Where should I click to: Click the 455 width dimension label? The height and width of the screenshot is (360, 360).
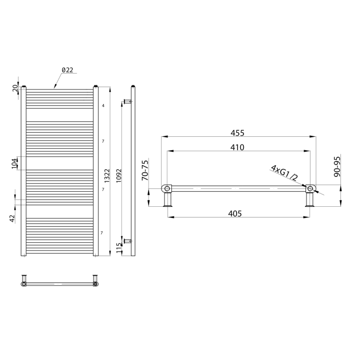point(238,133)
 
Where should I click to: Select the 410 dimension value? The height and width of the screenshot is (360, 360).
point(237,148)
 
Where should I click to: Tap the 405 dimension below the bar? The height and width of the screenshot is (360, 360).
point(235,214)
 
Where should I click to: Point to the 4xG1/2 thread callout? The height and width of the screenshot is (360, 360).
point(284,173)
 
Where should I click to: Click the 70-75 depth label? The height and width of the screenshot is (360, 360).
point(146,170)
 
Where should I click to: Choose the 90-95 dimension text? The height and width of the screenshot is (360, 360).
point(337,167)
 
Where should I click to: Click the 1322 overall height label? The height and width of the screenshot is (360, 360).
point(107,176)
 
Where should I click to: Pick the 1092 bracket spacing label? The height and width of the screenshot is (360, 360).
point(119,176)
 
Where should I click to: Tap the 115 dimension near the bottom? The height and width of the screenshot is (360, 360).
point(119,248)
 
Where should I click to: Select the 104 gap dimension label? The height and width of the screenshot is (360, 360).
point(14,163)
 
